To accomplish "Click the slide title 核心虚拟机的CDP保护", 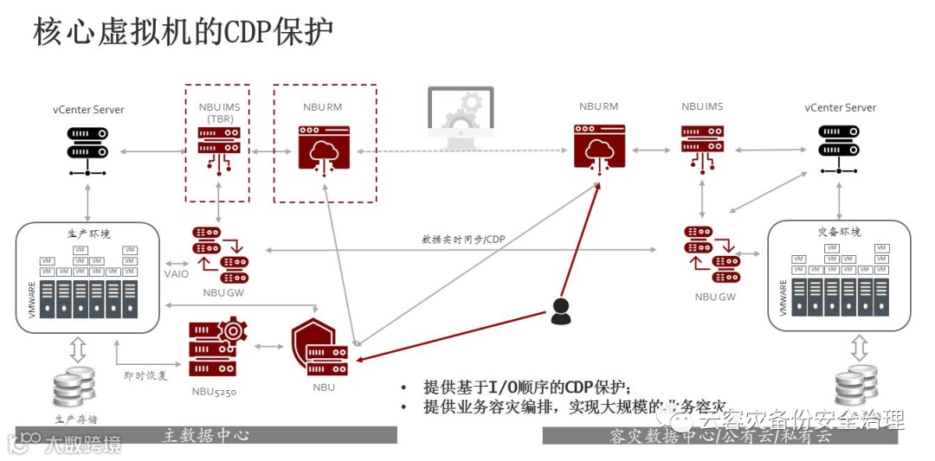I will click(183, 33).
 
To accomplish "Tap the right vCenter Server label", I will click(840, 108).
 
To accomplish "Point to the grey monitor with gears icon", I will click(461, 118).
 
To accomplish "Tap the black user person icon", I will click(561, 311).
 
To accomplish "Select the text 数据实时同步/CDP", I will click(462, 239).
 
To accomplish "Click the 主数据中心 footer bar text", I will click(206, 435).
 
